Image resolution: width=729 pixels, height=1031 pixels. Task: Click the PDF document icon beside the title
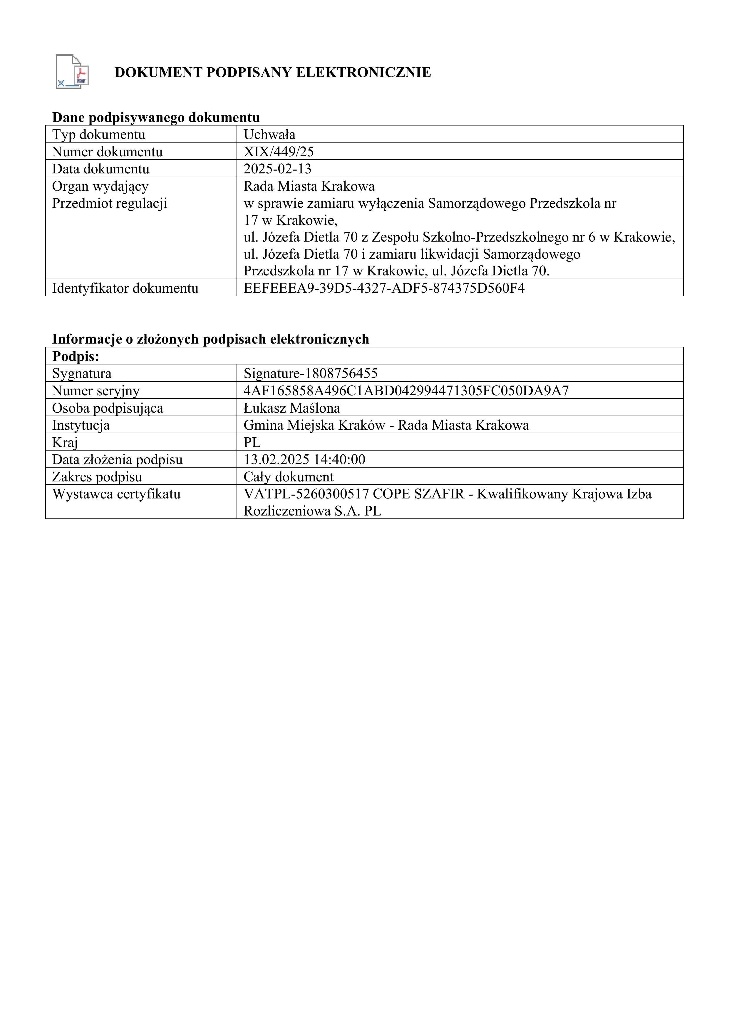pos(72,71)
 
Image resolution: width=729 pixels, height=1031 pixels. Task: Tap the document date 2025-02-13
pos(277,169)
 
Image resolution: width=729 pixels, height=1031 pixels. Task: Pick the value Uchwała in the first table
pos(269,135)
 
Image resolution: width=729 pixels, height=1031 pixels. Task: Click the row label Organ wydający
pos(100,186)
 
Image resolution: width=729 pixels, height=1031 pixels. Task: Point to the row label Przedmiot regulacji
pos(110,203)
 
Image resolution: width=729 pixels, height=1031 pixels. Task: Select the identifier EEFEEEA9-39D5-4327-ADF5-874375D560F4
pos(384,288)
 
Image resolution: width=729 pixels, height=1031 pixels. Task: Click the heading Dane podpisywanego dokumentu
pos(156,118)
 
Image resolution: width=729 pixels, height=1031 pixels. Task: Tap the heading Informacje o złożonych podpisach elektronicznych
pos(210,339)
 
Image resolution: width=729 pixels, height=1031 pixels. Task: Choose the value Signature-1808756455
pos(311,373)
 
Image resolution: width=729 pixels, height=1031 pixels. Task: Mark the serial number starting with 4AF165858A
pos(406,391)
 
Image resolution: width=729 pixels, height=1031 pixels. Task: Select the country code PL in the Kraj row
pos(252,442)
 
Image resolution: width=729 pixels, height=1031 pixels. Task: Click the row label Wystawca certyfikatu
pos(116,494)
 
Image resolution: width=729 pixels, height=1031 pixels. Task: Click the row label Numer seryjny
pos(95,391)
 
